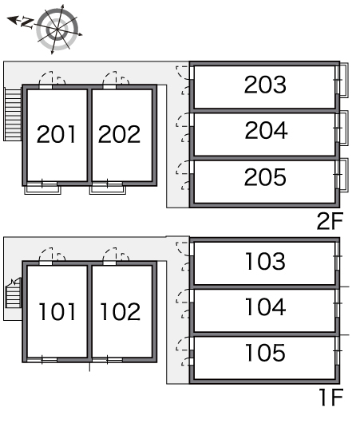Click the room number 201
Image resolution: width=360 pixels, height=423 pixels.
(x=56, y=134)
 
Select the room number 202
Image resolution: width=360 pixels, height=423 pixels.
(x=119, y=134)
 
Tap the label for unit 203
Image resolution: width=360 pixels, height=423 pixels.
(x=265, y=85)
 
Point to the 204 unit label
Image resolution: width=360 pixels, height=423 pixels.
(x=266, y=131)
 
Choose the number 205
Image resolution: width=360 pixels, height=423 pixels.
(x=265, y=177)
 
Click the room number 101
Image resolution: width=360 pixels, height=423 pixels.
(x=57, y=311)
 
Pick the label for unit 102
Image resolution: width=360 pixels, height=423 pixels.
(x=121, y=311)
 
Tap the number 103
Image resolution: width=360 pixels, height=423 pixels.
(x=265, y=261)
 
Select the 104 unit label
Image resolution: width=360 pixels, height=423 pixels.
(x=266, y=307)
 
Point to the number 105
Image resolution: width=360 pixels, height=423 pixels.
(x=265, y=353)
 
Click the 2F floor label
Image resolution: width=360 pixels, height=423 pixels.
(x=330, y=221)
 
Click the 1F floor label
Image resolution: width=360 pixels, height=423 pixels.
(x=330, y=397)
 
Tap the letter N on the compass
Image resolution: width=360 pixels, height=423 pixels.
(x=27, y=22)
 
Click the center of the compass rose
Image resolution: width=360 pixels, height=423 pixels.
(x=57, y=29)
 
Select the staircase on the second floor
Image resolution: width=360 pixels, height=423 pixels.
(x=13, y=114)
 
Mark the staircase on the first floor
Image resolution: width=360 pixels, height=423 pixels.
(x=14, y=293)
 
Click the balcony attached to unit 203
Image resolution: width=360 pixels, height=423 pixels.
(x=343, y=80)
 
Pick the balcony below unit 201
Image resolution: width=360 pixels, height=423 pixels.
(x=42, y=189)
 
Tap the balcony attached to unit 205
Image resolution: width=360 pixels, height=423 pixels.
(x=343, y=176)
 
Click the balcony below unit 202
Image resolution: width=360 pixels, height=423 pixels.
(x=108, y=189)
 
